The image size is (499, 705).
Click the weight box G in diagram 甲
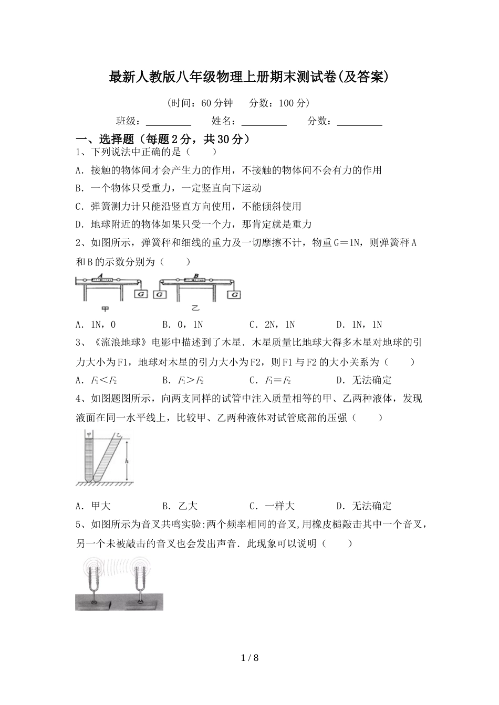click(141, 294)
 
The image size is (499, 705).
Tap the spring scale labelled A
click(100, 280)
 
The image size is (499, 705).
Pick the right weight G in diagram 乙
click(233, 294)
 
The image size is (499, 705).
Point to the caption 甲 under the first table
click(105, 309)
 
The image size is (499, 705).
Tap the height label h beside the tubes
click(126, 460)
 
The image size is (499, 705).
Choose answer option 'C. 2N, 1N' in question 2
click(272, 325)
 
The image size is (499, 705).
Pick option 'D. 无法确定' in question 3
click(363, 380)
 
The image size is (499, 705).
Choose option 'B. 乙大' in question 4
click(180, 506)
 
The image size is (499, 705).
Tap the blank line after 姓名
click(264, 122)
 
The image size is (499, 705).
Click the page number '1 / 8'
click(250, 658)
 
